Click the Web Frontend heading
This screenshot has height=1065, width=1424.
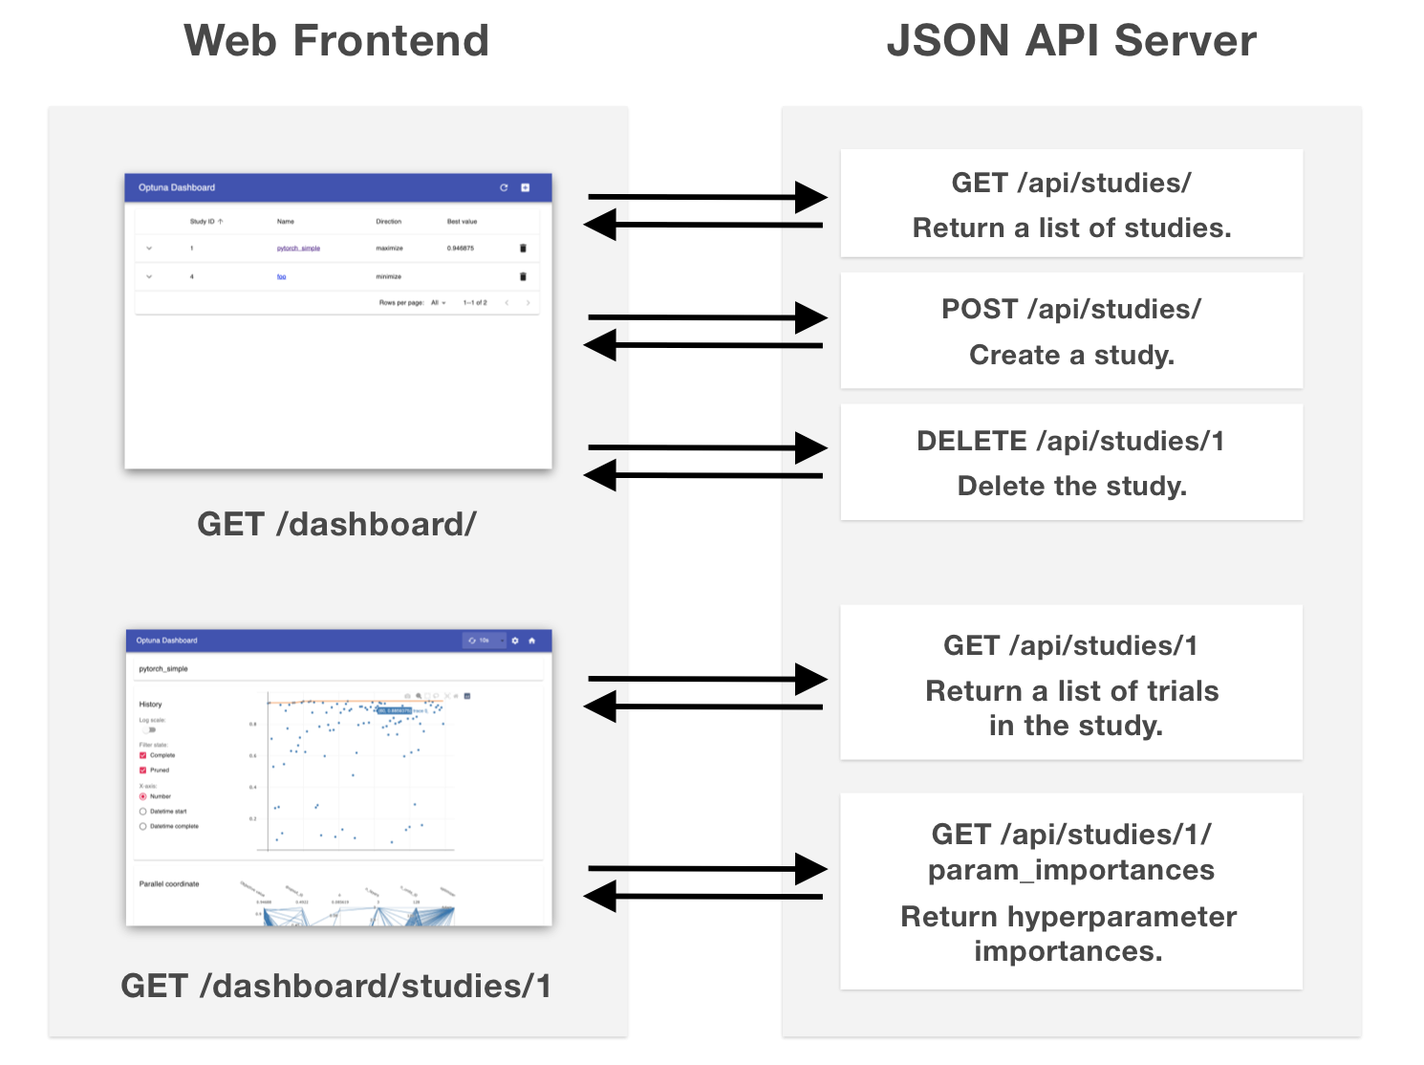(x=335, y=41)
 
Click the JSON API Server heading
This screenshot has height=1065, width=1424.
(x=1070, y=41)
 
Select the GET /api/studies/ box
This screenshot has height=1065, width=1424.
(x=1070, y=203)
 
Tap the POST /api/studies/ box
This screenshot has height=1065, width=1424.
(x=1070, y=330)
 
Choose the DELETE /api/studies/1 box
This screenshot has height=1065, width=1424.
(x=1070, y=462)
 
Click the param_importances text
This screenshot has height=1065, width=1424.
(x=1070, y=870)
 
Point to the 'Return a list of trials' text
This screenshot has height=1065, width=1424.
(x=1071, y=690)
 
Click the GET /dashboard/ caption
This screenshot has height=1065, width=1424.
(x=336, y=524)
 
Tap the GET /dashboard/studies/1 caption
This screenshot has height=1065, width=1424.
(x=336, y=986)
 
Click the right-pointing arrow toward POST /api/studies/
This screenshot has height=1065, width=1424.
(x=707, y=317)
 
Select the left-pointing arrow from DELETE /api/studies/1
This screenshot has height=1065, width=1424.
(x=702, y=475)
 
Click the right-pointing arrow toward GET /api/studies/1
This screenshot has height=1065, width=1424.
(x=707, y=680)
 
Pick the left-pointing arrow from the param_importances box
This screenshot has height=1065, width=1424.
(x=702, y=897)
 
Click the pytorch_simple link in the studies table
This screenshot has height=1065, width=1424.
(x=298, y=249)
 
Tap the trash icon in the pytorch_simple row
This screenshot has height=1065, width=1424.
(x=523, y=249)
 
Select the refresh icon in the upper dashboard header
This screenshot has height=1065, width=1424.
(x=504, y=187)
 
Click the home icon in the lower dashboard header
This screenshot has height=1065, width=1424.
(x=532, y=641)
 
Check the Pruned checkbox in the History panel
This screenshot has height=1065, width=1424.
(x=143, y=770)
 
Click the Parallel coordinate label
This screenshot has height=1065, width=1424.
(x=169, y=884)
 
